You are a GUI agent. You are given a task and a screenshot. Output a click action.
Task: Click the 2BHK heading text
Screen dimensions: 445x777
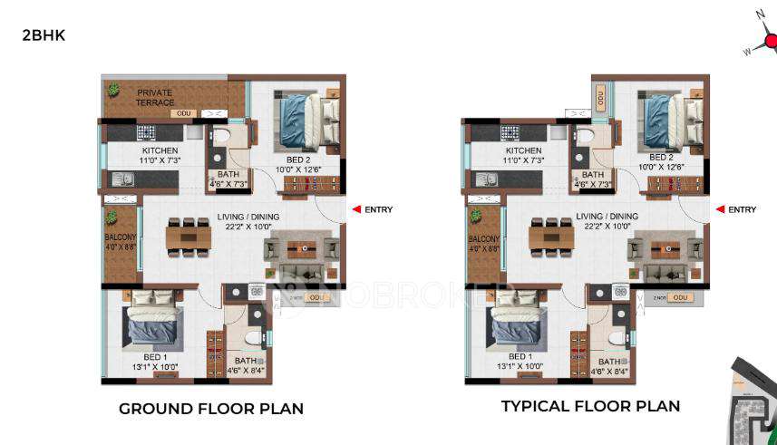tap(44, 36)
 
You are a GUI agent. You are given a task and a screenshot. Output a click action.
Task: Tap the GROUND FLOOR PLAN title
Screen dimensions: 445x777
tap(211, 409)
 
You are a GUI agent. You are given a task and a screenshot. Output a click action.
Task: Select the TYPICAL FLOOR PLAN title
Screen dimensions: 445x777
tap(590, 406)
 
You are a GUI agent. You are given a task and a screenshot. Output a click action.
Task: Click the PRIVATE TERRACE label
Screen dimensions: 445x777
tap(155, 97)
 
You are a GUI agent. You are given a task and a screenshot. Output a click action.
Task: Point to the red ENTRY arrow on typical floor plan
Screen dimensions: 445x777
tap(721, 209)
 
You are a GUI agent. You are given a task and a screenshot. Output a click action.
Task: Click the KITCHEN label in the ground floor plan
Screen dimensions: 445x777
tap(160, 150)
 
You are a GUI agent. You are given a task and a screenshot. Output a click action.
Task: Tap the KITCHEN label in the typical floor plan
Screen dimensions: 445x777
tap(523, 150)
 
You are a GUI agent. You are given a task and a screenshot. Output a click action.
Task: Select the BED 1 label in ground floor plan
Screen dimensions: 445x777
tap(157, 357)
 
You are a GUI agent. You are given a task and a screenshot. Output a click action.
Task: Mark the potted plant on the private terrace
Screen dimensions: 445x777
tap(114, 90)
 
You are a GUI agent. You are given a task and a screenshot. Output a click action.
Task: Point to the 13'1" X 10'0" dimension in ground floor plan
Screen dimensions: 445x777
tap(157, 367)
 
